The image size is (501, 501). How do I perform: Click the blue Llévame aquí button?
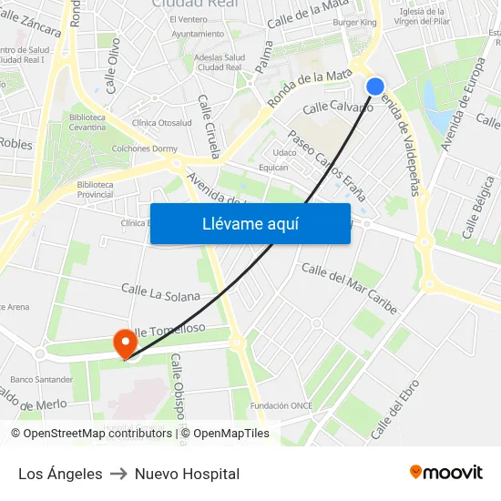click(250, 223)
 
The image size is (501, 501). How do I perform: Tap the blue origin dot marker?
click(375, 86)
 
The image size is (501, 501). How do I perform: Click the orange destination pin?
click(124, 343)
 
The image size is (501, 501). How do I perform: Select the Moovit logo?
click(446, 472)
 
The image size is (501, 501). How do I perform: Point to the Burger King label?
click(354, 22)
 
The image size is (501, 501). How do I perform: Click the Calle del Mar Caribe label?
click(350, 288)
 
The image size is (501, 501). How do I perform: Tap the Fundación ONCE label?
click(282, 405)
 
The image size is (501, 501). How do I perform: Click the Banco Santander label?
click(41, 379)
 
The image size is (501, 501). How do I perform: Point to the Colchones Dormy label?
click(144, 148)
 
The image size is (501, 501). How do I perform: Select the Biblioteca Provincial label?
click(95, 189)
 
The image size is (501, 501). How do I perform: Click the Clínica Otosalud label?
click(162, 123)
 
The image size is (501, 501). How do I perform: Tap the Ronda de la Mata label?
click(312, 88)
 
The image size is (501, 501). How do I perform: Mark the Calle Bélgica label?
click(479, 212)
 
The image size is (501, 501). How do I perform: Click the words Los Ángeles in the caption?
click(60, 474)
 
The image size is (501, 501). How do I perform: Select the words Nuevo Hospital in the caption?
click(187, 474)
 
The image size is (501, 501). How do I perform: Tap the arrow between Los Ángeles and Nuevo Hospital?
click(118, 474)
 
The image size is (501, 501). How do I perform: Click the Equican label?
click(273, 167)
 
